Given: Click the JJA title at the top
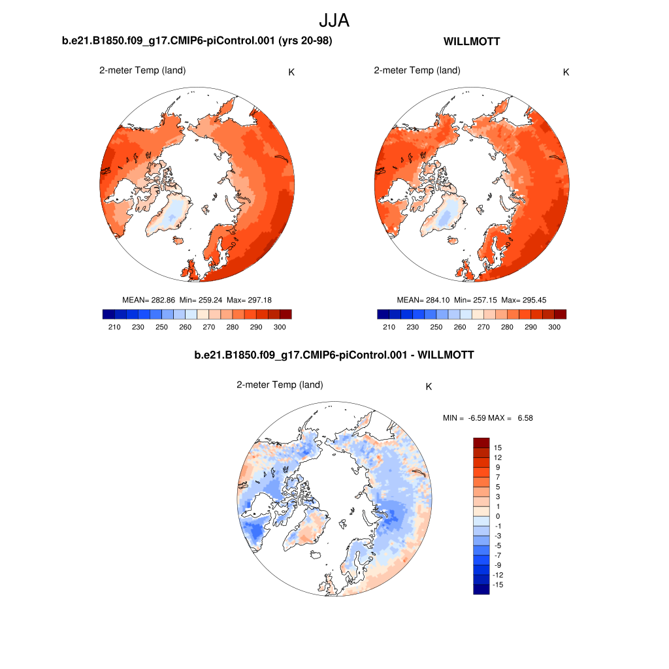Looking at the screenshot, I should pos(334,21).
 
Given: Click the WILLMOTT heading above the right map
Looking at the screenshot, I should pos(472,42).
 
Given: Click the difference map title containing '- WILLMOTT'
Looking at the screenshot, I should pos(334,355).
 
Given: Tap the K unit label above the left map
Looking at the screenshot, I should pos(291,72).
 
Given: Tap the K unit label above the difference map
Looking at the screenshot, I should pos(429,386).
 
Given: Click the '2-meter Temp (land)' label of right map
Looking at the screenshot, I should pos(417,71).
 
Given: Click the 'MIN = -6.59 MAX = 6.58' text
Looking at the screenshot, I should pos(488,417).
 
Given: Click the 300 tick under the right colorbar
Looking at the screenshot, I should pos(555,327).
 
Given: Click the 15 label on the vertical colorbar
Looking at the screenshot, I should pos(498,448).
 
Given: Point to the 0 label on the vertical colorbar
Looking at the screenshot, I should pos(498,516).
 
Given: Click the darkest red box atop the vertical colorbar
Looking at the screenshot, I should pos(481,442).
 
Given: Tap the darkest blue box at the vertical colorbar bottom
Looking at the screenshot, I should pos(481,589).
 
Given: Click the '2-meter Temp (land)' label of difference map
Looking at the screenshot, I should pos(280,385).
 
